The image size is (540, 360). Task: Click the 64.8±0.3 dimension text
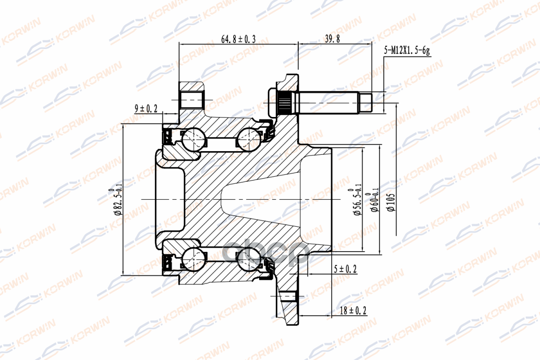(238, 39)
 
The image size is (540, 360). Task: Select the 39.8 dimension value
(332, 39)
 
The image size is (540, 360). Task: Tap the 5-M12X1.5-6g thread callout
(407, 51)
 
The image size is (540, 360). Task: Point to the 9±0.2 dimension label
(146, 108)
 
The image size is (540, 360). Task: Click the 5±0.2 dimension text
(345, 269)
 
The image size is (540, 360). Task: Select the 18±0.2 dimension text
(354, 310)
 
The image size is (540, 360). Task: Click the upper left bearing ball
(194, 139)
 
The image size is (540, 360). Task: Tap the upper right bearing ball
(248, 139)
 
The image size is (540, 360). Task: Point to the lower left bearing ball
(194, 260)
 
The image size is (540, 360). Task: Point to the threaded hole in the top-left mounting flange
(193, 100)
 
